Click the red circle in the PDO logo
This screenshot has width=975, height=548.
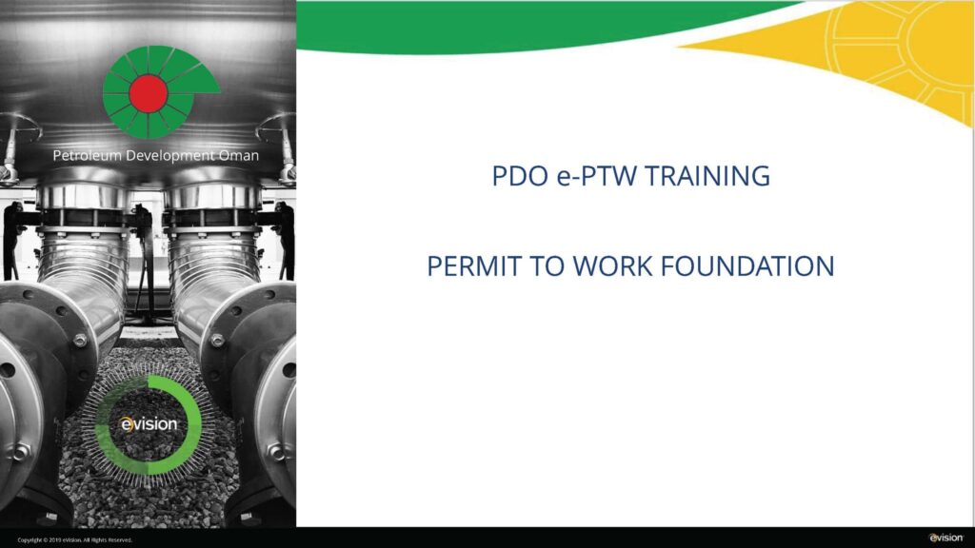pos(148,92)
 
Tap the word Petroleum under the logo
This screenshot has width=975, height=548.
pos(88,155)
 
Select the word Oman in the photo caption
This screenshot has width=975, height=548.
pos(238,155)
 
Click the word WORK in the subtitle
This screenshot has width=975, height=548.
pos(609,266)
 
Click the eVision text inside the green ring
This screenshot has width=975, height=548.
pos(150,423)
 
